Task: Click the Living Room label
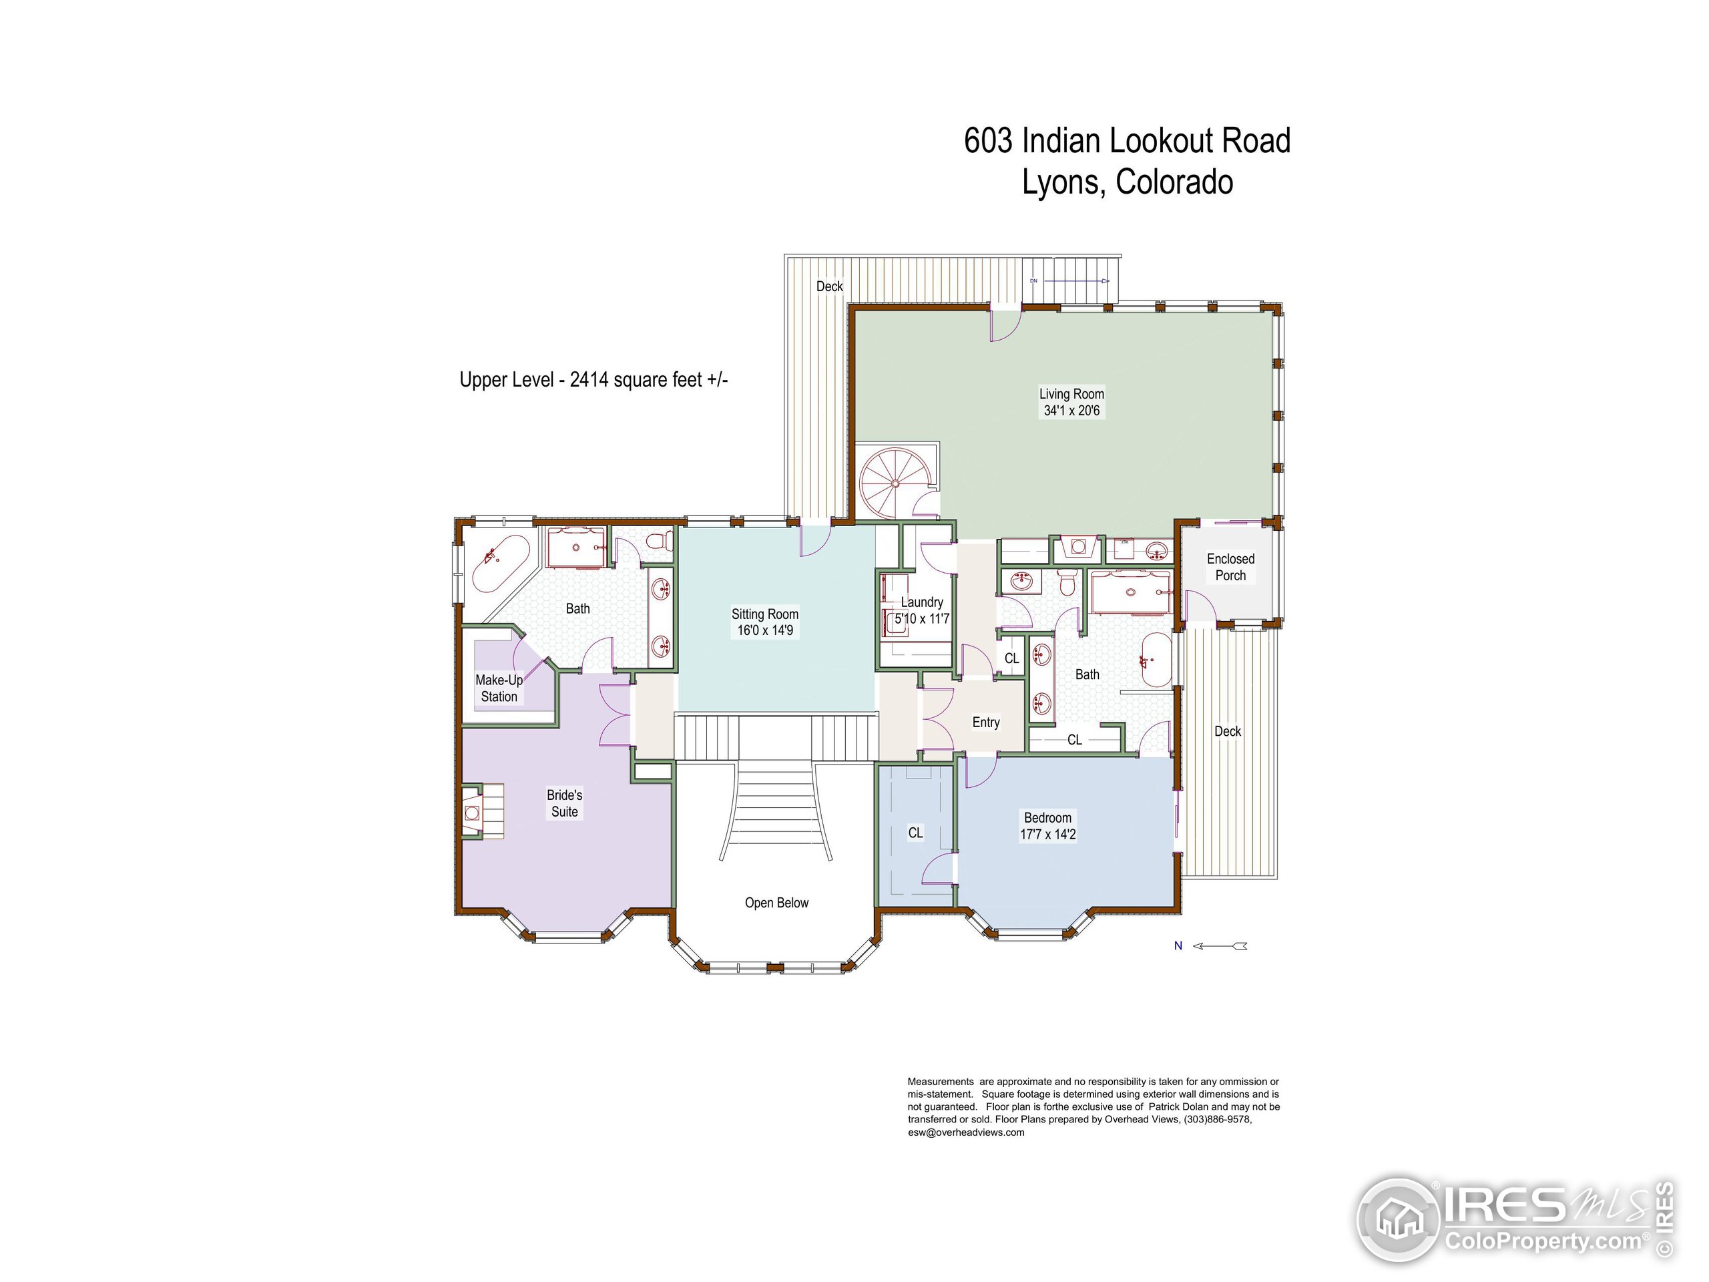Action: (x=1071, y=394)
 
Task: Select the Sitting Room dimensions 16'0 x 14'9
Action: (x=764, y=630)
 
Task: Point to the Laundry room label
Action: (x=921, y=602)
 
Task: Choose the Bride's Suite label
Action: (x=564, y=803)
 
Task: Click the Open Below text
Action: (x=776, y=903)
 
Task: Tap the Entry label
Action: (x=985, y=722)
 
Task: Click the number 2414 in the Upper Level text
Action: (x=589, y=379)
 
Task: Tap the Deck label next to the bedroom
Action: (x=1227, y=731)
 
